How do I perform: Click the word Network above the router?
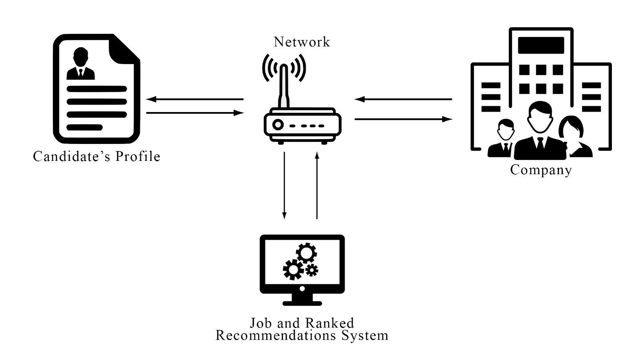click(302, 42)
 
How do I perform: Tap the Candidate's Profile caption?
click(96, 157)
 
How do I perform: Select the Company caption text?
click(541, 170)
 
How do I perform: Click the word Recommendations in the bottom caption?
click(272, 335)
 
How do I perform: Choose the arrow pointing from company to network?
click(403, 99)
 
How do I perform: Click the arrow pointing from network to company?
click(403, 119)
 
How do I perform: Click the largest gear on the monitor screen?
click(307, 253)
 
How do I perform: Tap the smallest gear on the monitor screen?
click(312, 269)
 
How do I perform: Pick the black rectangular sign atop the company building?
click(541, 45)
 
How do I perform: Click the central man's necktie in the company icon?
click(540, 145)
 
